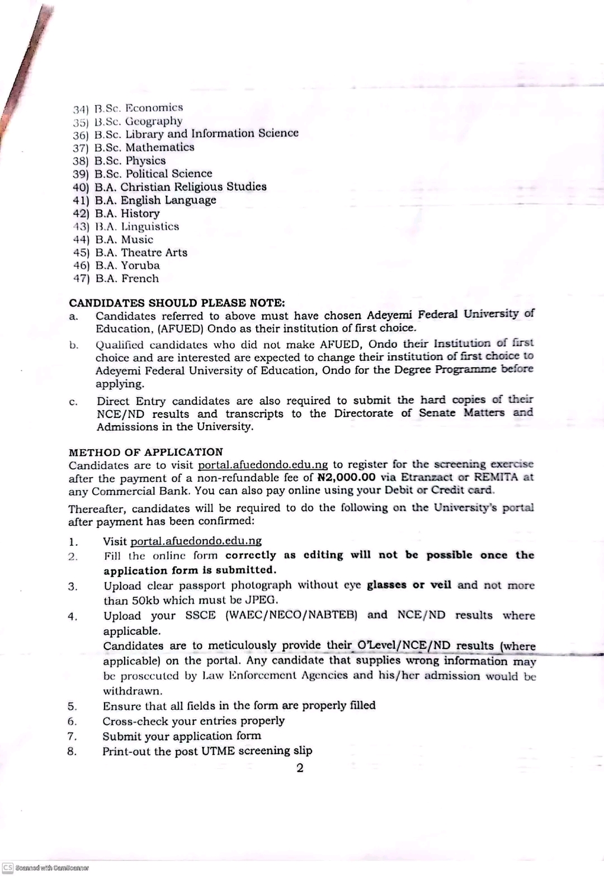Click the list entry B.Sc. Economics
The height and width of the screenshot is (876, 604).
pyautogui.click(x=139, y=107)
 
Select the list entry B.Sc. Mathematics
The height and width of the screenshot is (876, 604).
pyautogui.click(x=144, y=147)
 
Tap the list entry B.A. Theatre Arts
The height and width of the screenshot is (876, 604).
pyautogui.click(x=141, y=252)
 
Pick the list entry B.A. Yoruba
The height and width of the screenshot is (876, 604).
pyautogui.click(x=128, y=265)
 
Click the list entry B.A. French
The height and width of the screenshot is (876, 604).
pyautogui.click(x=127, y=279)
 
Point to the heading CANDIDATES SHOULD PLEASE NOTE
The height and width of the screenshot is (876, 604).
pyautogui.click(x=177, y=303)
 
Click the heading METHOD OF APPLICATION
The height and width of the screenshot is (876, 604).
pyautogui.click(x=146, y=452)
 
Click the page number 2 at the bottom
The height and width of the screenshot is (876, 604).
pyautogui.click(x=300, y=767)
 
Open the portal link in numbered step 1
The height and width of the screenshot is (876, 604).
pyautogui.click(x=196, y=541)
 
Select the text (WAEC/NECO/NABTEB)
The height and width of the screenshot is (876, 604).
pyautogui.click(x=291, y=615)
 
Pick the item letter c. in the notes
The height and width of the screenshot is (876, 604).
pyautogui.click(x=73, y=402)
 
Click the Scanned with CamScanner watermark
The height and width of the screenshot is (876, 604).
pyautogui.click(x=45, y=868)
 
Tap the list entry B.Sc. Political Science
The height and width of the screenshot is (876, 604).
pyautogui.click(x=153, y=173)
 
